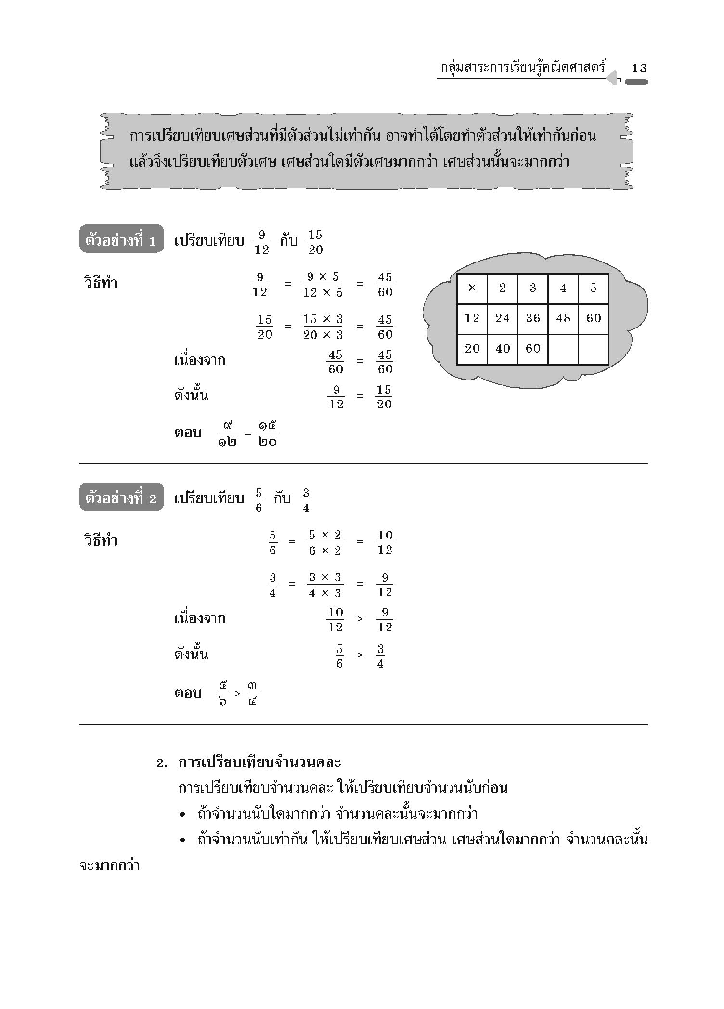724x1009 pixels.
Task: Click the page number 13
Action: point(639,68)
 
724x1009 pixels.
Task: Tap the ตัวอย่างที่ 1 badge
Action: point(121,239)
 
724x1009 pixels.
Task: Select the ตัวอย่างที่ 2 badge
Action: point(121,498)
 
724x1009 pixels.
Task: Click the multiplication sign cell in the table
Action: point(472,288)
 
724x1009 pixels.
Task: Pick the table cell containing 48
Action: point(563,318)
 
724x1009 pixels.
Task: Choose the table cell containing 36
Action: point(532,318)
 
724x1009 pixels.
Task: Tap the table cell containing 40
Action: point(502,349)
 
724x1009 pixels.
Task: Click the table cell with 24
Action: point(502,318)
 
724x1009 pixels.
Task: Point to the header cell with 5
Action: point(593,288)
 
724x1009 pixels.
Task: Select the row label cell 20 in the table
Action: point(472,349)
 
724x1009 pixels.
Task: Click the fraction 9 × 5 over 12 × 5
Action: point(323,285)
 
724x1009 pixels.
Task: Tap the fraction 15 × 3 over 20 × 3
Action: point(323,327)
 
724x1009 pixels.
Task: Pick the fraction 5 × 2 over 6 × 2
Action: point(325,543)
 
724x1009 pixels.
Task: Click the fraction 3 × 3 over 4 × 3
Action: point(325,585)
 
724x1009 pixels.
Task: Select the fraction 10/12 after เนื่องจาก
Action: point(336,620)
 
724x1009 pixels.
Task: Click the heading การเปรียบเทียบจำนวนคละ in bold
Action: point(259,762)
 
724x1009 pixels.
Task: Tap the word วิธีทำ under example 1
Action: point(101,283)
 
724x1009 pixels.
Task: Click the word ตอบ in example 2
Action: point(188,694)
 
